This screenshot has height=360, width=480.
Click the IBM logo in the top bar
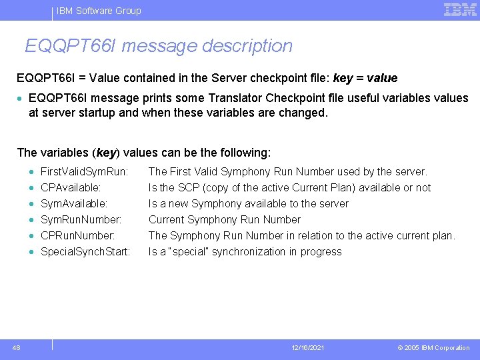pyautogui.click(x=460, y=9)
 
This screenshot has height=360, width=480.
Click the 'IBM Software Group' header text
pyautogui.click(x=99, y=11)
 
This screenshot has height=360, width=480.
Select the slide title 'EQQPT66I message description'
pyautogui.click(x=159, y=46)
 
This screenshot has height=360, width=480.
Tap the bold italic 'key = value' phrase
pyautogui.click(x=365, y=78)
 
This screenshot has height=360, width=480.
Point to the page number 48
pyautogui.click(x=16, y=347)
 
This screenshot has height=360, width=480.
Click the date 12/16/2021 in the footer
pyautogui.click(x=309, y=348)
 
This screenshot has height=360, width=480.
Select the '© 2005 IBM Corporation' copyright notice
pyautogui.click(x=433, y=348)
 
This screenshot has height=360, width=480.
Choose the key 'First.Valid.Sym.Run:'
pyautogui.click(x=84, y=171)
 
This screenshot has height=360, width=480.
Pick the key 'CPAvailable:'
pyautogui.click(x=71, y=187)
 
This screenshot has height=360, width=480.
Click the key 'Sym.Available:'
pyautogui.click(x=74, y=203)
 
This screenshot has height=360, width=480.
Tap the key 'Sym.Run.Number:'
pyautogui.click(x=81, y=219)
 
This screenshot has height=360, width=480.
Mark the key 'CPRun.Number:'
pyautogui.click(x=78, y=235)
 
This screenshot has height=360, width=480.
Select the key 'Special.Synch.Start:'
pyautogui.click(x=85, y=251)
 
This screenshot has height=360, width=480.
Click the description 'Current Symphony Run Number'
pyautogui.click(x=225, y=219)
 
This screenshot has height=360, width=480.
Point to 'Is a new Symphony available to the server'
pyautogui.click(x=249, y=203)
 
